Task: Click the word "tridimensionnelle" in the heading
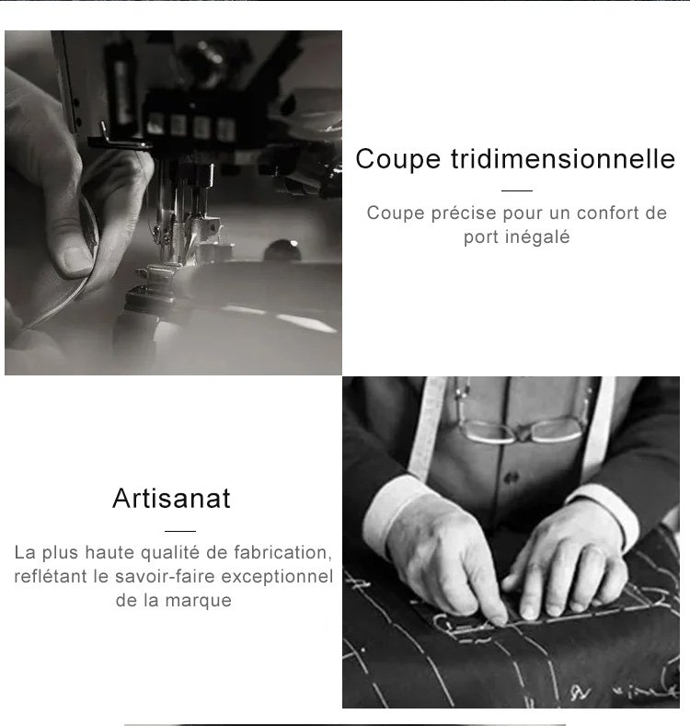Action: click(563, 159)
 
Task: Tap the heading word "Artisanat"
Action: click(171, 498)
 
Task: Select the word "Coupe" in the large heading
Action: click(397, 160)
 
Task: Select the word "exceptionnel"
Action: click(278, 577)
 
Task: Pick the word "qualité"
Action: click(170, 553)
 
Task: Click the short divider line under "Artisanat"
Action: click(180, 531)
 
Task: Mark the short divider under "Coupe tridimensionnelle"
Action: click(517, 190)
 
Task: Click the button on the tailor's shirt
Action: click(512, 478)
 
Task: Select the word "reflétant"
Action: click(51, 576)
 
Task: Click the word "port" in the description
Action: click(481, 238)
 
